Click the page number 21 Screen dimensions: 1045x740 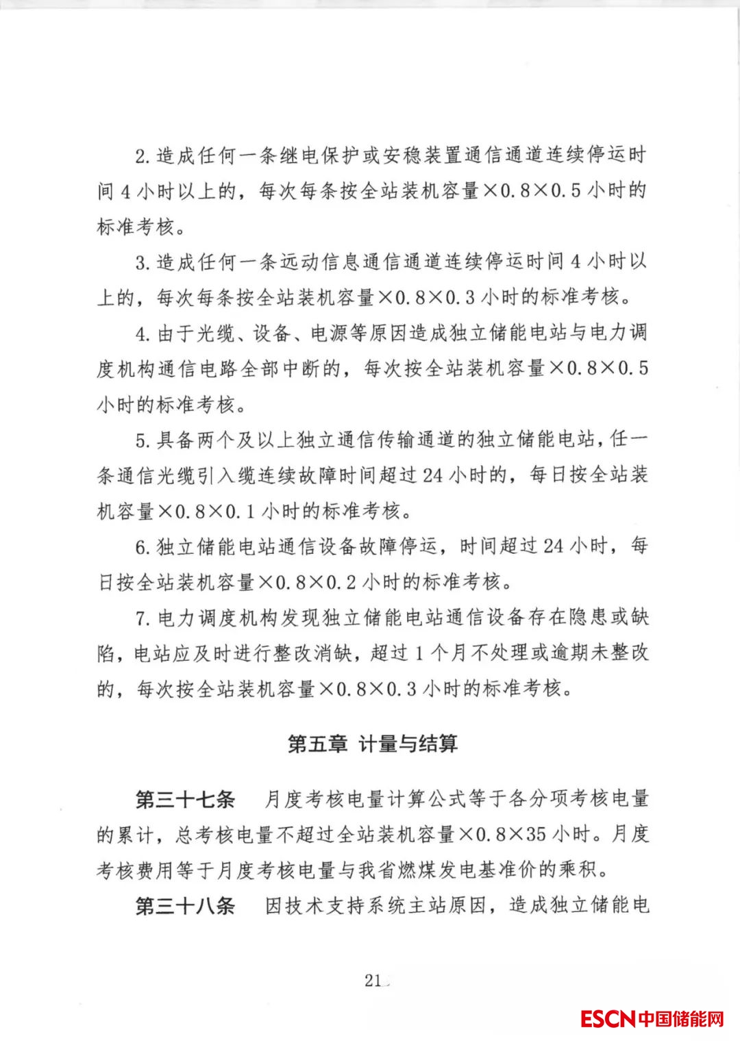pos(373,980)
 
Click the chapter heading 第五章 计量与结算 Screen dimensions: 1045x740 pos(373,744)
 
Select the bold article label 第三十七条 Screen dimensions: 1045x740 pos(185,799)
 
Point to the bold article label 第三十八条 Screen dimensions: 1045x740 pos(185,906)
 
